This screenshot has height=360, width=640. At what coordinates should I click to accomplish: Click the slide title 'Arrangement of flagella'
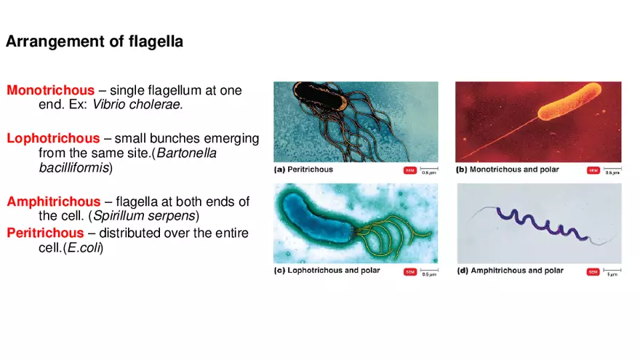[x=95, y=42]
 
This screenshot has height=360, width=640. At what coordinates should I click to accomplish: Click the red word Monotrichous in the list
[x=50, y=91]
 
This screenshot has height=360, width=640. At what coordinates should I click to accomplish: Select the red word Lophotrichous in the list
[x=53, y=138]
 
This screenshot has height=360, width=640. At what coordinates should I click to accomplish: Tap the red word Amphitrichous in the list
[x=54, y=201]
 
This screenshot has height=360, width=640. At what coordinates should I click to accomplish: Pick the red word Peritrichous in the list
[x=45, y=233]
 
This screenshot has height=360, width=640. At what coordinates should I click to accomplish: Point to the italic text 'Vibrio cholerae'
[x=137, y=105]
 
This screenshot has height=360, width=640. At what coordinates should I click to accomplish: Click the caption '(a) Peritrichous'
[x=303, y=169]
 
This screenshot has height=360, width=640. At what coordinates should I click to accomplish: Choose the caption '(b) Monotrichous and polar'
[x=510, y=169]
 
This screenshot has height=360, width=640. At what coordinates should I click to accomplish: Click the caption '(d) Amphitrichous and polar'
[x=510, y=271]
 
